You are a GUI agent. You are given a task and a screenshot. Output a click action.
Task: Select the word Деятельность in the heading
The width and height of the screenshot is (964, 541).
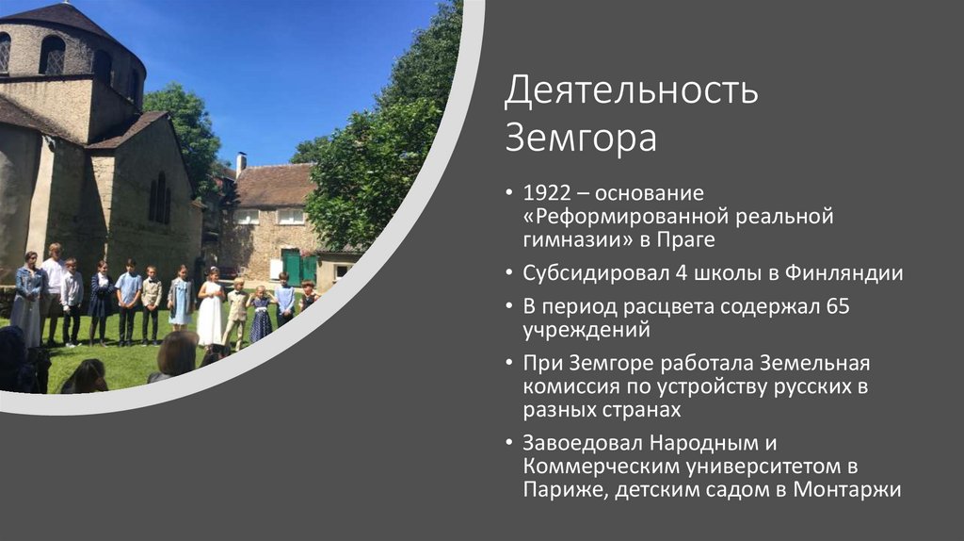click(x=631, y=92)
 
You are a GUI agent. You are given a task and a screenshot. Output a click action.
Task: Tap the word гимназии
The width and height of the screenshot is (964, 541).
click(x=568, y=239)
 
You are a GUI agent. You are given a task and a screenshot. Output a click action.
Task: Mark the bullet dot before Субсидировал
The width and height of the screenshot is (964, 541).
click(x=510, y=274)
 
